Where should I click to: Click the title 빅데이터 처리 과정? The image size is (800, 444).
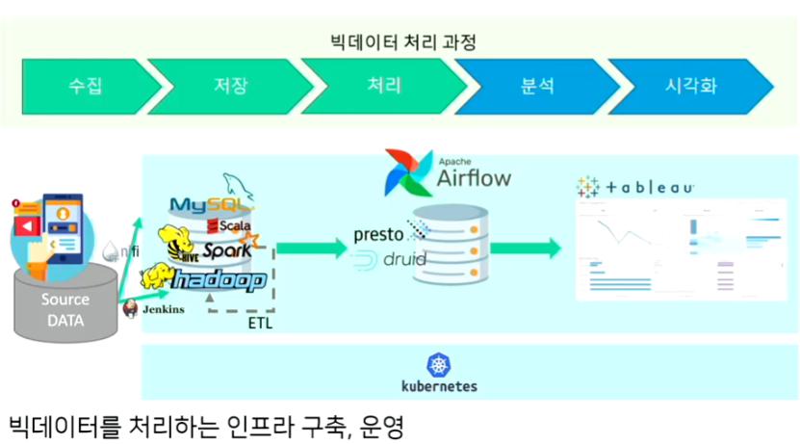coord(400,42)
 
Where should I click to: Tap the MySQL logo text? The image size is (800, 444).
coord(209,204)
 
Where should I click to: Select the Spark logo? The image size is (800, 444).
coord(226,249)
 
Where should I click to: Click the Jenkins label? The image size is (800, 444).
coord(163,309)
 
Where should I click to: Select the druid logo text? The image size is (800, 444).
coord(397,259)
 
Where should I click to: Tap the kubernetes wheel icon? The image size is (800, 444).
coord(438,365)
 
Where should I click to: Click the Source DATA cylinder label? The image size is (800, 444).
coord(65,309)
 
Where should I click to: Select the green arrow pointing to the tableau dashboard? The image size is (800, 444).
coord(525,248)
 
